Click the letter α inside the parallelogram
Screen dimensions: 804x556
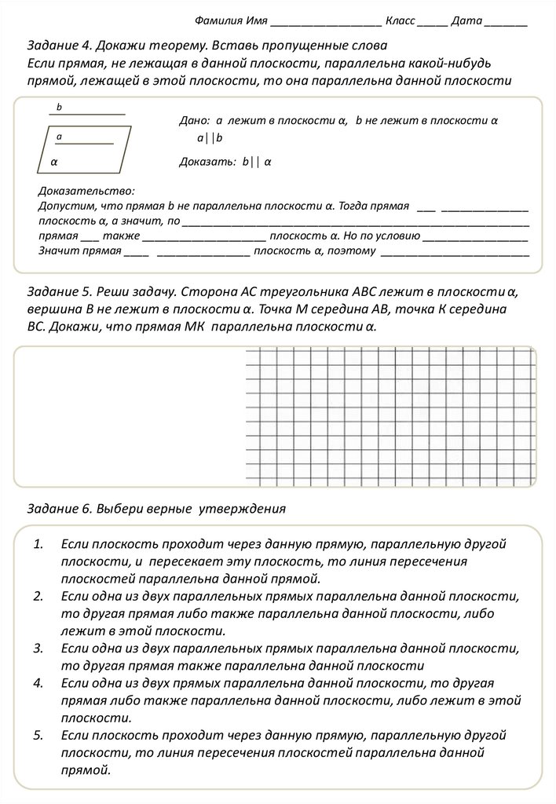point(54,162)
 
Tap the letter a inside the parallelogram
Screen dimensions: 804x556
point(59,137)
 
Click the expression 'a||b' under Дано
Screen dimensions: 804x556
point(210,138)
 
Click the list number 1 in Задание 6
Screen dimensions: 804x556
point(38,544)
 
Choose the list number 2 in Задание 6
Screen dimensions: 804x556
point(38,597)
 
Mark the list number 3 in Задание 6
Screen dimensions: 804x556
point(38,649)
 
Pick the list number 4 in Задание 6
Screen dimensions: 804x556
point(38,683)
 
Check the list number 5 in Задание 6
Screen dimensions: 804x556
point(38,736)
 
